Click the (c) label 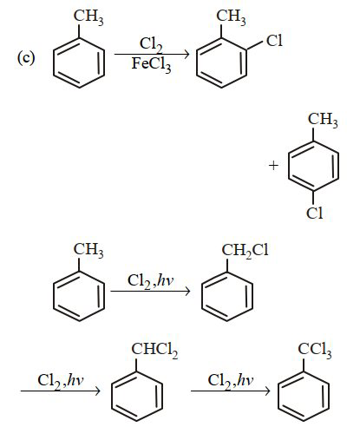(26, 58)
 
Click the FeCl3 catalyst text (151, 64)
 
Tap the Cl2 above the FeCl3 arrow (151, 44)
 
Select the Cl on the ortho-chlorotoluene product (274, 41)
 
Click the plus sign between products (273, 166)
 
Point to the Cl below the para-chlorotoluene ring (314, 213)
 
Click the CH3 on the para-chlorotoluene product (323, 120)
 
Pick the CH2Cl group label (245, 251)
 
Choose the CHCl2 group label (154, 350)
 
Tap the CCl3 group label (315, 350)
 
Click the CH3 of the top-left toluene (88, 16)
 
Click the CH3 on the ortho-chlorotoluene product (232, 16)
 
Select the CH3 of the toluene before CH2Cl (88, 250)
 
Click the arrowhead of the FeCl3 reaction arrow (187, 54)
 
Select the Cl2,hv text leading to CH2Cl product (150, 281)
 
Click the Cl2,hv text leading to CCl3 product (231, 381)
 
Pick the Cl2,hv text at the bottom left (60, 381)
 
